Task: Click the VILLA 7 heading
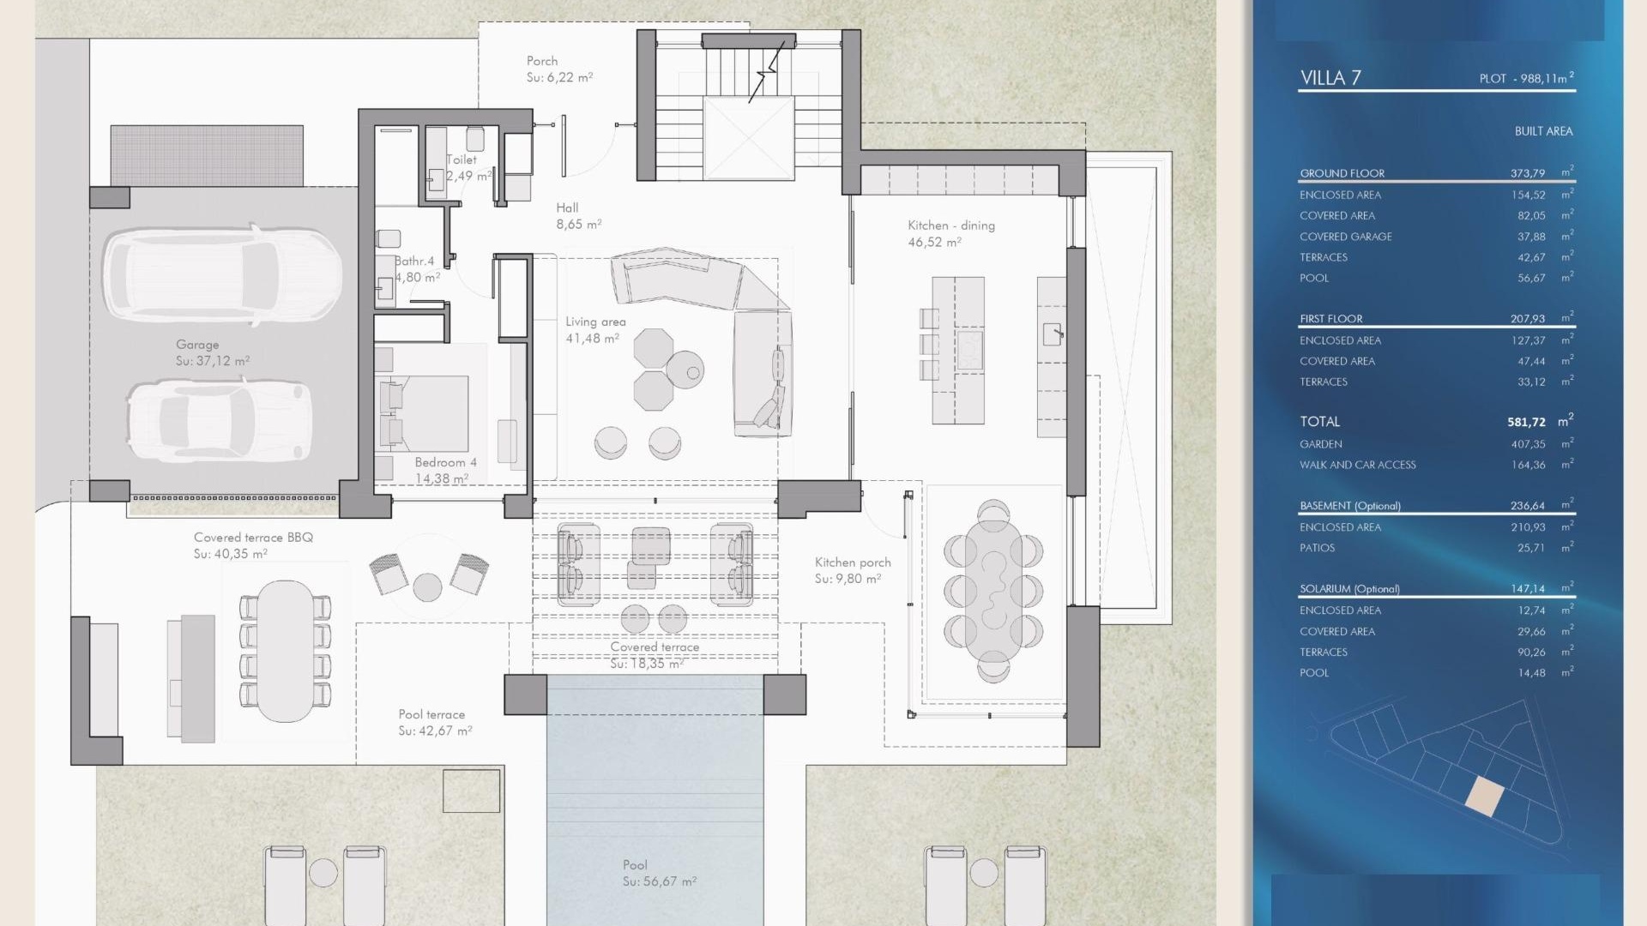point(1330,78)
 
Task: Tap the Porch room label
point(542,61)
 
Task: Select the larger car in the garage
point(222,274)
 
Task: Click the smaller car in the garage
point(219,420)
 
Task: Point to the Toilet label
point(462,159)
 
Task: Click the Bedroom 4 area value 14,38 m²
point(442,478)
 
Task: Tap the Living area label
point(595,322)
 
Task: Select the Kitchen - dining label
point(951,225)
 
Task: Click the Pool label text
point(635,865)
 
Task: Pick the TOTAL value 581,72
point(1526,422)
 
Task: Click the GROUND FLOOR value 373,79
point(1527,173)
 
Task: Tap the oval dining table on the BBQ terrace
point(286,651)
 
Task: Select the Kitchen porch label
point(853,562)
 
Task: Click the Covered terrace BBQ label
point(253,538)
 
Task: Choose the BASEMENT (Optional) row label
point(1350,506)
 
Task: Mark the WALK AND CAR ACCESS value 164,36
point(1528,465)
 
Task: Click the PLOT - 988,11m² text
point(1526,78)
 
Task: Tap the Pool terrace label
point(431,714)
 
